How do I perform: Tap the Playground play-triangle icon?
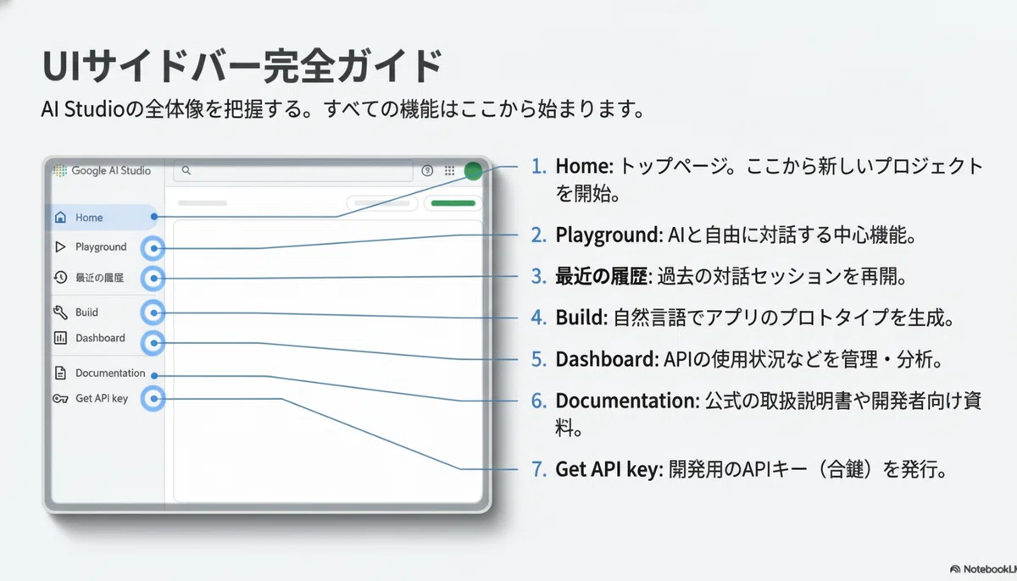(x=60, y=246)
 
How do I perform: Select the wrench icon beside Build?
(x=60, y=312)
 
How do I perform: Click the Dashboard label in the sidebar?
(x=100, y=338)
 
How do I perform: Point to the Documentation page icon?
(x=60, y=373)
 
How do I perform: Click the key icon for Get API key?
(x=60, y=399)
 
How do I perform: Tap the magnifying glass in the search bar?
(x=186, y=170)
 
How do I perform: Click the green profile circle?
(x=473, y=171)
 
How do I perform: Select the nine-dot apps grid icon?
(x=449, y=170)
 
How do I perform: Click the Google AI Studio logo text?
(x=111, y=170)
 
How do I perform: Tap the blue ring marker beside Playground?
(x=153, y=248)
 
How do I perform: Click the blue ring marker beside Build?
(x=153, y=313)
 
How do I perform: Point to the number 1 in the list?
(x=538, y=167)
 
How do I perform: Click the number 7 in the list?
(x=538, y=469)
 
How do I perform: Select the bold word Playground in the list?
(x=609, y=235)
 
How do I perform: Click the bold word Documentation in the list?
(x=627, y=401)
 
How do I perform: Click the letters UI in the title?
(x=61, y=66)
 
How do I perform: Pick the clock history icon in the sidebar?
(x=60, y=277)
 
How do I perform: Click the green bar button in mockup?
(x=453, y=203)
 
